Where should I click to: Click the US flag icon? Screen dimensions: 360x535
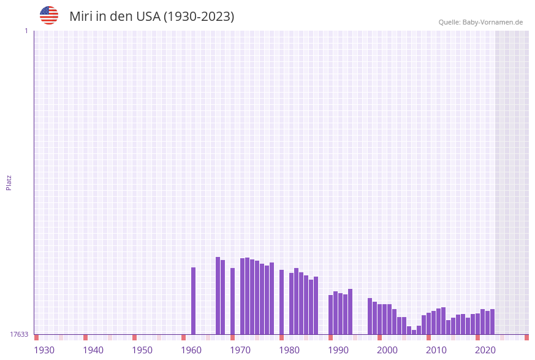[x=49, y=15]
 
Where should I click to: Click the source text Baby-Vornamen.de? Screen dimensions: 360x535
[x=492, y=22]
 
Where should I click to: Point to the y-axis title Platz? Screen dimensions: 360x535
[x=9, y=182]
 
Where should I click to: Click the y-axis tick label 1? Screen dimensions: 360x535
[x=26, y=31]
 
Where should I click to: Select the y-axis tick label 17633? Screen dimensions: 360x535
[x=19, y=334]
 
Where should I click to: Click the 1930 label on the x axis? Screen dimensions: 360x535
[x=44, y=350]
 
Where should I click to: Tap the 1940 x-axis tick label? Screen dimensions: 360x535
[x=93, y=350]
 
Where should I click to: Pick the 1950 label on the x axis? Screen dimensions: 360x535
[x=142, y=350]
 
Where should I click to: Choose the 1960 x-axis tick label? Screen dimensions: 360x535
[x=191, y=350]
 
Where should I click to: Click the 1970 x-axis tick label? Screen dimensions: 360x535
[x=240, y=350]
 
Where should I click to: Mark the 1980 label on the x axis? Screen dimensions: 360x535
[x=289, y=350]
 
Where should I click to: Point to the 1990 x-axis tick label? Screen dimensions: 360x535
[x=338, y=350]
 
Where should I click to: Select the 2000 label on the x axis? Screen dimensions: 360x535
[x=387, y=350]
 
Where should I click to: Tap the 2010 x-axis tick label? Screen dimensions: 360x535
[x=436, y=350]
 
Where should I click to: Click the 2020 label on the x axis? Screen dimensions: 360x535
[x=485, y=350]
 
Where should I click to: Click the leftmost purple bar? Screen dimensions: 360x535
[x=194, y=301]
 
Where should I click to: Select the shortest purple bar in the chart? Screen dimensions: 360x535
[x=414, y=332]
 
